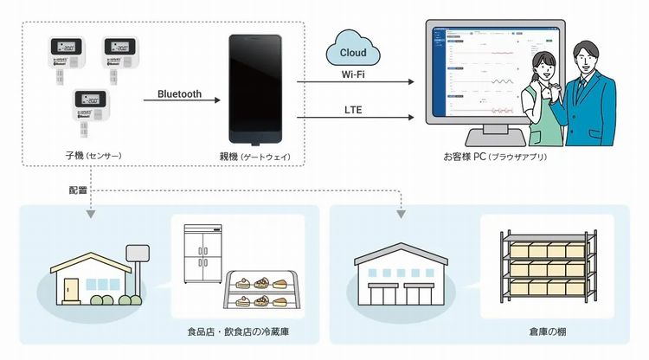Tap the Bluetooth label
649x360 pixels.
[179, 93]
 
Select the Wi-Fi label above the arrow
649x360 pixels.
[351, 74]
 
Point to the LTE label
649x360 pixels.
[351, 109]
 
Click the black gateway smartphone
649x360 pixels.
[254, 90]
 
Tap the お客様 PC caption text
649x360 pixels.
[494, 157]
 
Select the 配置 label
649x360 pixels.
[79, 189]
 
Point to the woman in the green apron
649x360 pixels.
[545, 100]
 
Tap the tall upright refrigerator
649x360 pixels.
[203, 255]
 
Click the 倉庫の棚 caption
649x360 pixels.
[549, 331]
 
